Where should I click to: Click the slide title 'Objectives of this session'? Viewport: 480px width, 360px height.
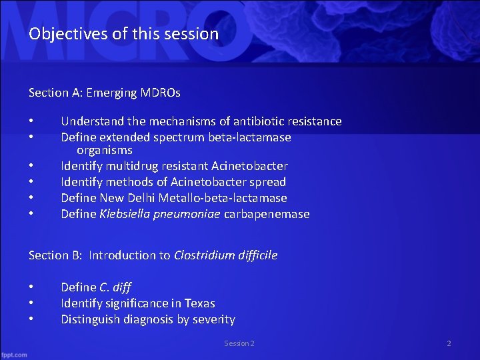(123, 33)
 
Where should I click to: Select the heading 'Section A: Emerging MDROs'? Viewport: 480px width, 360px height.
(104, 93)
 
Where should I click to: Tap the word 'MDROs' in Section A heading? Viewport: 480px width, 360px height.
(160, 93)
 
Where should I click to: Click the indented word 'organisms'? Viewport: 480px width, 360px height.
(104, 150)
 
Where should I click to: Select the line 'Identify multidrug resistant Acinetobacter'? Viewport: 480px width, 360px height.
(174, 166)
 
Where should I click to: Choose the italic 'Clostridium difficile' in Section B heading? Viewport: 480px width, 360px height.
(225, 255)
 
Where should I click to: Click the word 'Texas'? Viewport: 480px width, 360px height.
(199, 303)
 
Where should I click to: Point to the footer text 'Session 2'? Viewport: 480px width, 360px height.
(239, 343)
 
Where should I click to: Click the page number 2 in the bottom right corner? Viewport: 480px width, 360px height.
(449, 343)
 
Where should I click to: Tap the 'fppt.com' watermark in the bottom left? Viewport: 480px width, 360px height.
(14, 354)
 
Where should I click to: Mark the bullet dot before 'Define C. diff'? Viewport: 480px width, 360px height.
(31, 287)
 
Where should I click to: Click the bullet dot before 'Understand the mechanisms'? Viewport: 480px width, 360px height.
(31, 121)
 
